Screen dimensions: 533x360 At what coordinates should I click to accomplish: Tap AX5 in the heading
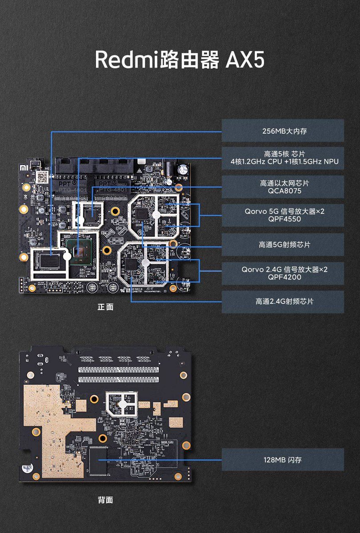point(245,60)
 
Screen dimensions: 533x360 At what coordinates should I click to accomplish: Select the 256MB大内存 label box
point(283,131)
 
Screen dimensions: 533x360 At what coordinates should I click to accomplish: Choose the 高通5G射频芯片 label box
point(283,245)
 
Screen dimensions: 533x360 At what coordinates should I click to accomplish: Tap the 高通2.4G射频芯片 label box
point(283,302)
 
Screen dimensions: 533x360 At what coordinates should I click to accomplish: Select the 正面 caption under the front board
point(105,307)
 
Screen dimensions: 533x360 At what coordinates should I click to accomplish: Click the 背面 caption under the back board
point(105,500)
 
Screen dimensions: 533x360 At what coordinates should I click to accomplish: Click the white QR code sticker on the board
point(42,177)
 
